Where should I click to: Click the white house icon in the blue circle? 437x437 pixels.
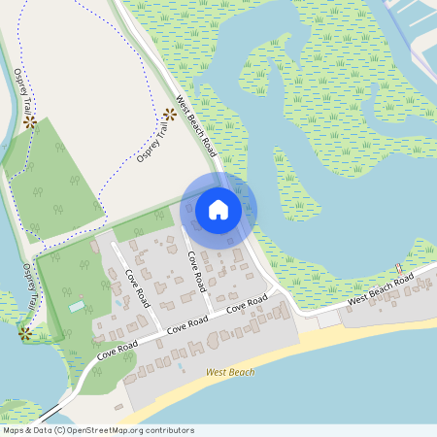click(218, 210)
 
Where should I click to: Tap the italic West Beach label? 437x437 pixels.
click(230, 372)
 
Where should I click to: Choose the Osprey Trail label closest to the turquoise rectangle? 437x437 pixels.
click(30, 289)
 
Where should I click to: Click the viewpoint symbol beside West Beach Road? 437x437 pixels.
click(169, 115)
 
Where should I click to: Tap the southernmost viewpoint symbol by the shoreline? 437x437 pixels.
click(25, 332)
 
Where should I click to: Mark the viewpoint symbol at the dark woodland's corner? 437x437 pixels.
click(30, 122)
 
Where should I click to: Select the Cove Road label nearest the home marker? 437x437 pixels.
click(194, 270)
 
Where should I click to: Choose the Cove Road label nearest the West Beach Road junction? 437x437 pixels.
click(247, 305)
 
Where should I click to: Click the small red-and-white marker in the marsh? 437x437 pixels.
click(398, 268)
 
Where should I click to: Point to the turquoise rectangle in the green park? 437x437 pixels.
click(77, 307)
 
